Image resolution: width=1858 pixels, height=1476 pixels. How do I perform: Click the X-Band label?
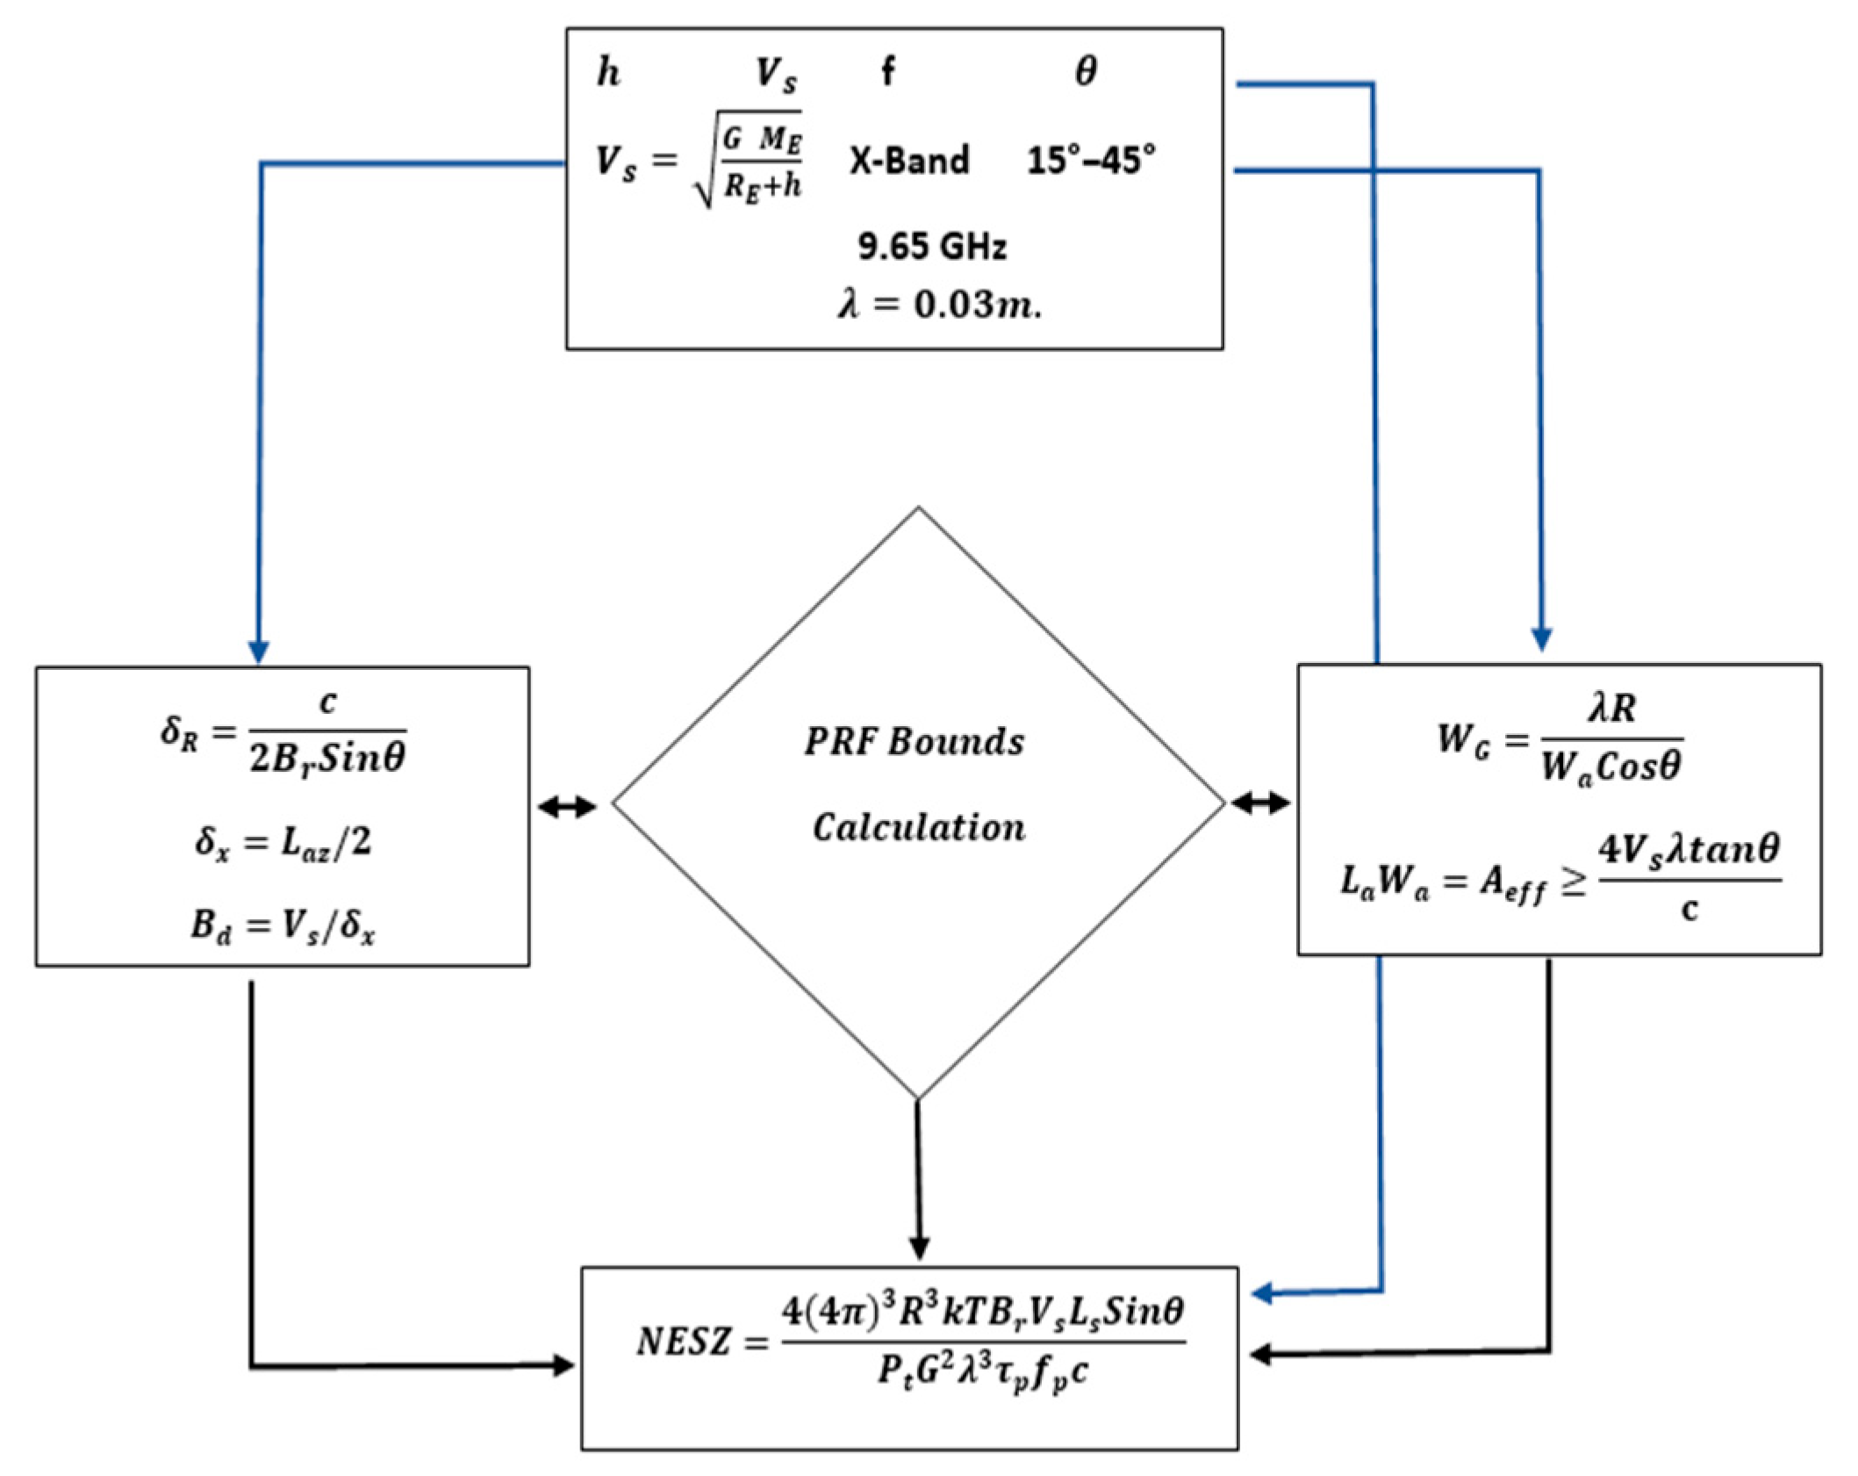coord(909,161)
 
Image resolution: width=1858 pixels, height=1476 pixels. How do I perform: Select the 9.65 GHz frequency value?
coord(932,247)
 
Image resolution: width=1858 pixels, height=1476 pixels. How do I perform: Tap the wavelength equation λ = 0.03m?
coord(939,305)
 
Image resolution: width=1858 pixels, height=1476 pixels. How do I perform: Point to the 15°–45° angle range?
coord(1091,161)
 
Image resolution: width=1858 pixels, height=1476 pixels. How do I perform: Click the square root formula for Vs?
coord(699,161)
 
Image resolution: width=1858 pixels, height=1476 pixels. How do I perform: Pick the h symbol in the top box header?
coord(608,72)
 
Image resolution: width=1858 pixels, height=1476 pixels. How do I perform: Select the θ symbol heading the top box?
coord(1086,72)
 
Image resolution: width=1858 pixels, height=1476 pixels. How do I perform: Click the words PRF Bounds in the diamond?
coord(914,742)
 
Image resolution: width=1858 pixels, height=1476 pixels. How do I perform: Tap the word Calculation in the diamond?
coord(918,827)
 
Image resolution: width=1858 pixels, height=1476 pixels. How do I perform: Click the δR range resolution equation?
coord(283,731)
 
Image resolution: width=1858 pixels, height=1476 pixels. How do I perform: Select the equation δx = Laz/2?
coord(283,843)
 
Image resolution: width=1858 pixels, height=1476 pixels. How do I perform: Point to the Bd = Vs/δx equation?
coord(283,925)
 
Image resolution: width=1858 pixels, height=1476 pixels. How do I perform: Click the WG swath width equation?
coord(1559,739)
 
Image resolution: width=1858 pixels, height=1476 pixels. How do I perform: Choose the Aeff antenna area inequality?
coord(1559,878)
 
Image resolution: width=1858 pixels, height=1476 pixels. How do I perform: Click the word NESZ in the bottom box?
coord(684,1342)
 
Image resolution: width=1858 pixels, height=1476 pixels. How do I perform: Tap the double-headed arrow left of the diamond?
coord(567,807)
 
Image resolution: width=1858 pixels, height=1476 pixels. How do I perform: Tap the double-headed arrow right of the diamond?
coord(1261,802)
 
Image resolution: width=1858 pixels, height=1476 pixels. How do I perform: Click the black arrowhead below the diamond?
coord(919,1247)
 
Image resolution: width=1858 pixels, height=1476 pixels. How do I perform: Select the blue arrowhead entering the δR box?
coord(258,652)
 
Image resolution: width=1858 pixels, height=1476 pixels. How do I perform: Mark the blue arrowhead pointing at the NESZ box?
coord(1262,1293)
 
